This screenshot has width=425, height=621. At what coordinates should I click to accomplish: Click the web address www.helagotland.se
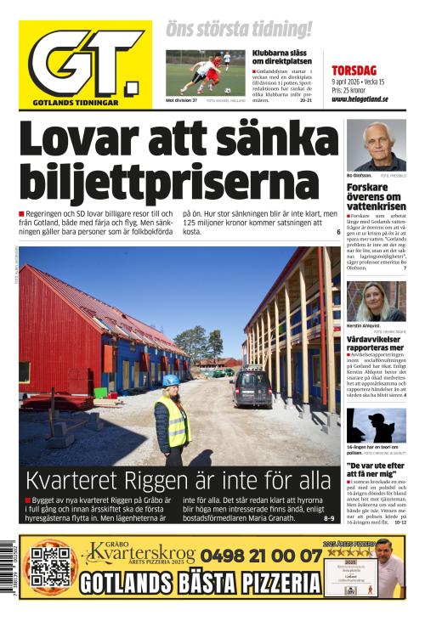[x=360, y=99]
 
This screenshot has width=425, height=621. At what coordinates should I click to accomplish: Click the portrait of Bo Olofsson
[x=376, y=145]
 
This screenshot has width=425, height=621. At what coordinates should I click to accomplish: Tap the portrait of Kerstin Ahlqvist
[x=376, y=302]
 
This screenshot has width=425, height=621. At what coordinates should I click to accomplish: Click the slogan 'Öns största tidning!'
[x=238, y=30]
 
